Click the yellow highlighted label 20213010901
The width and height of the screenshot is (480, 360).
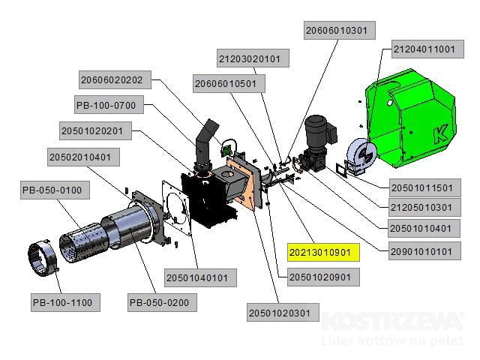(x=325, y=251)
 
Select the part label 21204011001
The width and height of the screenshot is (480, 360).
(x=424, y=49)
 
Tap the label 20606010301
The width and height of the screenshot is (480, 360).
(x=339, y=31)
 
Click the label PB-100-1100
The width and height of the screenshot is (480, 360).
(x=62, y=303)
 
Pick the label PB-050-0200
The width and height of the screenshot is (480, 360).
(x=158, y=303)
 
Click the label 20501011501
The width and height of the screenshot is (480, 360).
(x=422, y=187)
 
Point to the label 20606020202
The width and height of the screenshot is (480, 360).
(x=116, y=79)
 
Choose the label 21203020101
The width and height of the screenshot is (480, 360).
(x=249, y=58)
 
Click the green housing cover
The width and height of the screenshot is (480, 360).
(x=409, y=120)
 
